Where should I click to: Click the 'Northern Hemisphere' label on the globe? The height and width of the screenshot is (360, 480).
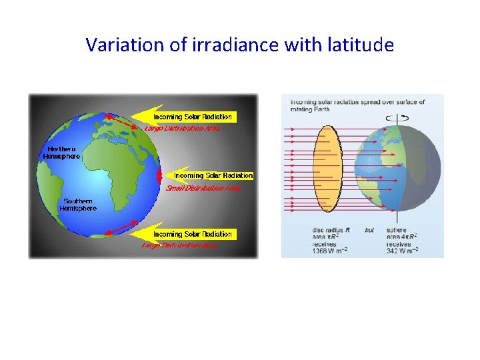coord(61,152)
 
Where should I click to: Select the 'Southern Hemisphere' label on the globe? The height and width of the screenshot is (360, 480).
coord(79,204)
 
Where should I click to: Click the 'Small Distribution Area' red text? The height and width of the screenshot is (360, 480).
coord(203,188)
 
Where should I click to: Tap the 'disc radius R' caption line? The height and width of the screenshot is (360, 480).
coord(330,230)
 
